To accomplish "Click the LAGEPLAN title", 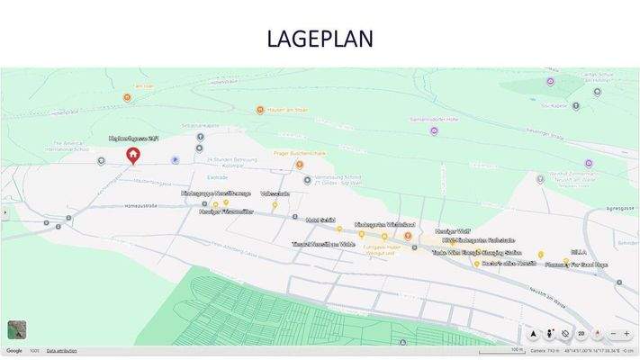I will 320,39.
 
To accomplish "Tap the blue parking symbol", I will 175,159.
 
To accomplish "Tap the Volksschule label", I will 275,193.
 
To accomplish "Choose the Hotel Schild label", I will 320,220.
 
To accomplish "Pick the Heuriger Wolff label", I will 453,230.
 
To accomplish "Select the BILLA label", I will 579,253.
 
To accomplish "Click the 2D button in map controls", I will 581,333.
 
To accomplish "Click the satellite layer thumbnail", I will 16,329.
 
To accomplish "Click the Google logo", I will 14,351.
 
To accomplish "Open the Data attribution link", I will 61,351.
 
